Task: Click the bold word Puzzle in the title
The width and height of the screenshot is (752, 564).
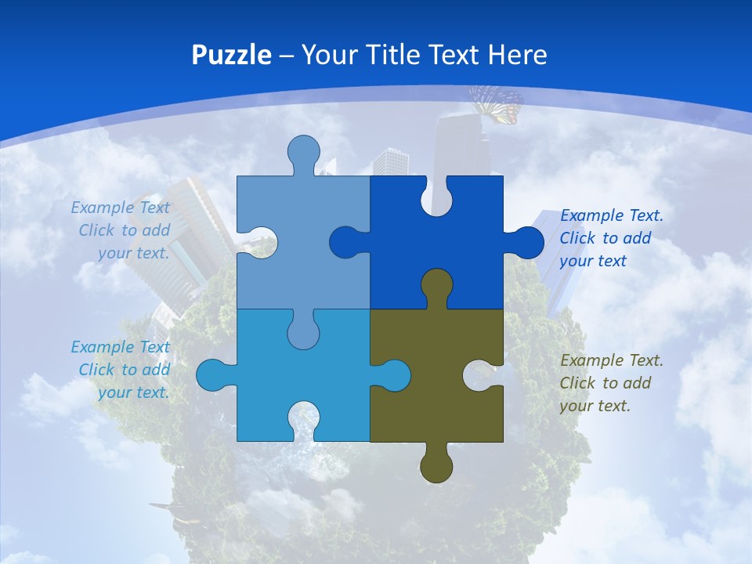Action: click(x=232, y=55)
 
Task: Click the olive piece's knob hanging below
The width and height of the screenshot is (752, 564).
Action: click(x=436, y=465)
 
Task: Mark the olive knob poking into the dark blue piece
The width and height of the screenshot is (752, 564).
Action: click(x=436, y=285)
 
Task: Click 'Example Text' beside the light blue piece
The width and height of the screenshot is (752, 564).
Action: click(x=120, y=208)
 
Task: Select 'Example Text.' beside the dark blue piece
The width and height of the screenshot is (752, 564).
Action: click(x=611, y=215)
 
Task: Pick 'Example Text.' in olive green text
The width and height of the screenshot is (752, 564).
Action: click(x=611, y=360)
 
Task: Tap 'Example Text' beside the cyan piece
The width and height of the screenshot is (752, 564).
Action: click(x=120, y=347)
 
